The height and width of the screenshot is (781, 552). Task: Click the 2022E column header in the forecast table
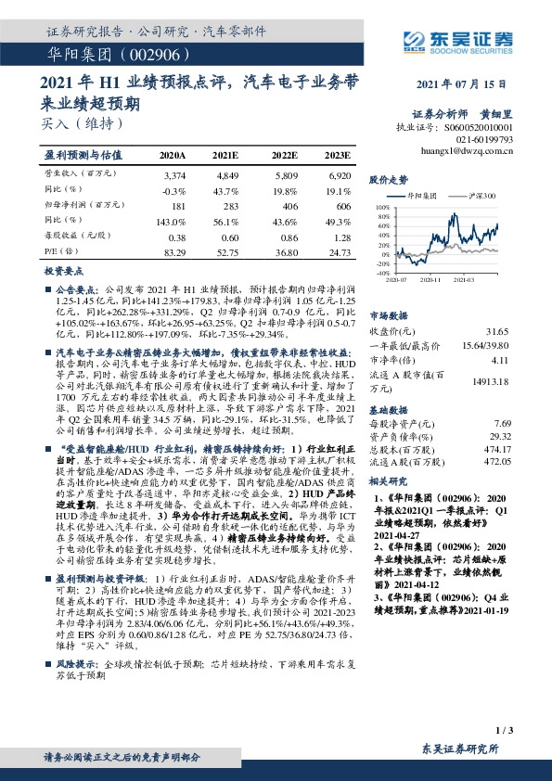(x=284, y=154)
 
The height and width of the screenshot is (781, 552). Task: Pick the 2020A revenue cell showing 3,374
(x=173, y=174)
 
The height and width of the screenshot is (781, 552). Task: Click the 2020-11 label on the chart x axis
(x=429, y=279)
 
